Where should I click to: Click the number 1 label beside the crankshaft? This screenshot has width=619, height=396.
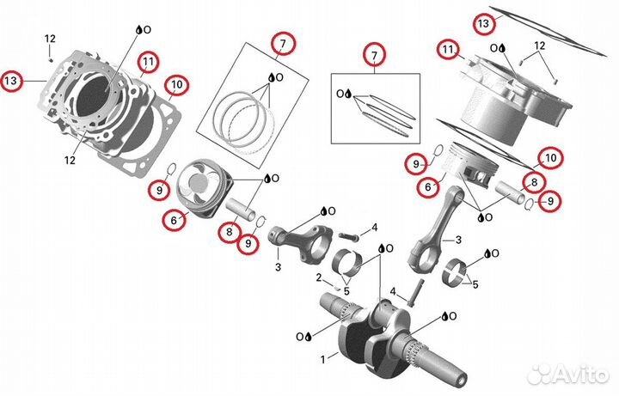323,359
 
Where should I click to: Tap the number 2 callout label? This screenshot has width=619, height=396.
319,277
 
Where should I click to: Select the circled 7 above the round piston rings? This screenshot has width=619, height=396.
283,44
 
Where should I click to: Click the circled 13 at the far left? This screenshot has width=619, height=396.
11,81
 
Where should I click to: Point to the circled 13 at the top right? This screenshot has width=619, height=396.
483,24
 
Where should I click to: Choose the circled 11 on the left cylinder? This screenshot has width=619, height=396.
148,62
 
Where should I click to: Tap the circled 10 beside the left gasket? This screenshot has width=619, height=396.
177,85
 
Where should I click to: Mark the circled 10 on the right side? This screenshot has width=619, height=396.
550,158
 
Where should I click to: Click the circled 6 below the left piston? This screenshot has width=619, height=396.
174,220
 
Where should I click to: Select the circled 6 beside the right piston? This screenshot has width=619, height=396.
428,186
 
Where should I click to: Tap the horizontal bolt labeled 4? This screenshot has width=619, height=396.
348,236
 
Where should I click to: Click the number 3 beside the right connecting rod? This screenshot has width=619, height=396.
458,240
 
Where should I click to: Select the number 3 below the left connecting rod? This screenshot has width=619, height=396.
278,267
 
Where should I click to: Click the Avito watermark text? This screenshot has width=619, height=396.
580,374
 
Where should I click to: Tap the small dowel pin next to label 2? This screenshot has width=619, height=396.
336,287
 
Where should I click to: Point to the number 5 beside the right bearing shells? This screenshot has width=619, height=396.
475,284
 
